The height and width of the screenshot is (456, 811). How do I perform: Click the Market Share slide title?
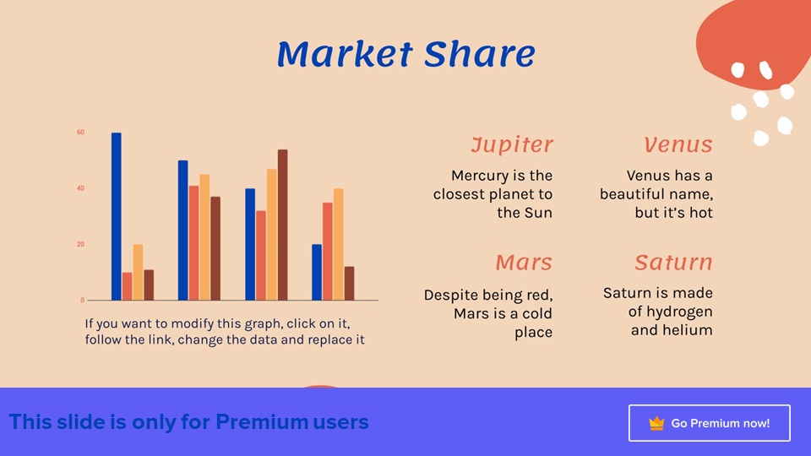pyautogui.click(x=406, y=54)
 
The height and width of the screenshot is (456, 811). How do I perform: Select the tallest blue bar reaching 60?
pyautogui.click(x=117, y=216)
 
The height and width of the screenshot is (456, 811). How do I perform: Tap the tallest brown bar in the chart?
pyautogui.click(x=282, y=225)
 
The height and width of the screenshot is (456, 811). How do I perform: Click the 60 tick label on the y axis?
pyautogui.click(x=81, y=133)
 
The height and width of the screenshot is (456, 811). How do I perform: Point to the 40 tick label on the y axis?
pyautogui.click(x=81, y=188)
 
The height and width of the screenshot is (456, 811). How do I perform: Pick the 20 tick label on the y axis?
pyautogui.click(x=81, y=244)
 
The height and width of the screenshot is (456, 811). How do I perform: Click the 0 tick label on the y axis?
pyautogui.click(x=82, y=300)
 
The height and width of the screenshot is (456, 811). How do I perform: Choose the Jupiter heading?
pyautogui.click(x=512, y=144)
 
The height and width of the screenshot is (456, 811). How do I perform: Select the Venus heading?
pyautogui.click(x=678, y=144)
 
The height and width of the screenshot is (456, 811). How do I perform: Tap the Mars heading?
pyautogui.click(x=524, y=262)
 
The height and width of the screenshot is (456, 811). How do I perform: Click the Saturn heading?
pyautogui.click(x=673, y=262)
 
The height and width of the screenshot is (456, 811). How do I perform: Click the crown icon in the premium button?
pyautogui.click(x=656, y=423)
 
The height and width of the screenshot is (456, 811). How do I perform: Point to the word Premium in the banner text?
pyautogui.click(x=263, y=422)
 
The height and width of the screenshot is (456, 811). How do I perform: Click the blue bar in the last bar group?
pyautogui.click(x=317, y=273)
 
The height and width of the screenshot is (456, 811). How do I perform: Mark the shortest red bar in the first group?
pyautogui.click(x=128, y=286)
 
